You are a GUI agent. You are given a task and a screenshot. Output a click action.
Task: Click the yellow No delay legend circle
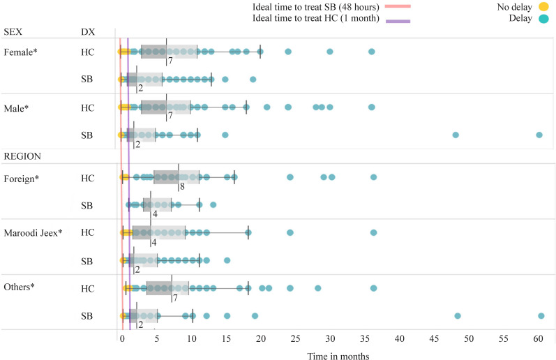point(543,7)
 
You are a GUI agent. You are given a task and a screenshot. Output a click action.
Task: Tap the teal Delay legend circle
point(543,18)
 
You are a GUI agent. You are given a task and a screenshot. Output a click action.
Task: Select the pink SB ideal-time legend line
point(398,6)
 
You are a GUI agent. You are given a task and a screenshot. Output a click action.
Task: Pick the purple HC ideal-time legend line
point(398,21)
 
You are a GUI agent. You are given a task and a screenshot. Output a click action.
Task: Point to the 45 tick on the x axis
point(434,338)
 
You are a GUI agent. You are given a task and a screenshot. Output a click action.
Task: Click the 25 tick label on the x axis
point(295,338)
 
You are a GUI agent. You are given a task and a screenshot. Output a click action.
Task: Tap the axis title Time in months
point(338,356)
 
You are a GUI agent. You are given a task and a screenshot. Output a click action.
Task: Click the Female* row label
point(20,52)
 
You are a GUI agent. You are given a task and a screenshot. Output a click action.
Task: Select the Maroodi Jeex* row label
point(33,232)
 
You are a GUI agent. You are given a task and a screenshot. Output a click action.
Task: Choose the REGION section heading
point(22,156)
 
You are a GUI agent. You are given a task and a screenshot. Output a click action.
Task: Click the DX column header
point(88,32)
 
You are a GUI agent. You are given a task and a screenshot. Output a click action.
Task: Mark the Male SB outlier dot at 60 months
point(539,135)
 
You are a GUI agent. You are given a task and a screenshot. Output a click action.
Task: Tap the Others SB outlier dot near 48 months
point(458,315)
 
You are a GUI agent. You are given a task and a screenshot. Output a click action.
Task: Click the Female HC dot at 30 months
point(330,52)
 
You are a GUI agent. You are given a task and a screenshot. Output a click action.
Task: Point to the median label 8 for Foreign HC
point(182,186)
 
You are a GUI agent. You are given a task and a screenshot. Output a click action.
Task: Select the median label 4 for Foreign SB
point(155,214)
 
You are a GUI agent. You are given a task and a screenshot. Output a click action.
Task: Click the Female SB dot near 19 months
point(253,79)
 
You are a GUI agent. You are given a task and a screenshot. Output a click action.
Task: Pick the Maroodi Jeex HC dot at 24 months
point(290,232)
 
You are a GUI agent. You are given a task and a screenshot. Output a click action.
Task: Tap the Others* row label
point(19,287)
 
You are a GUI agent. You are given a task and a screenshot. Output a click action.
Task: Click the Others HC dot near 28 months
point(317,288)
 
